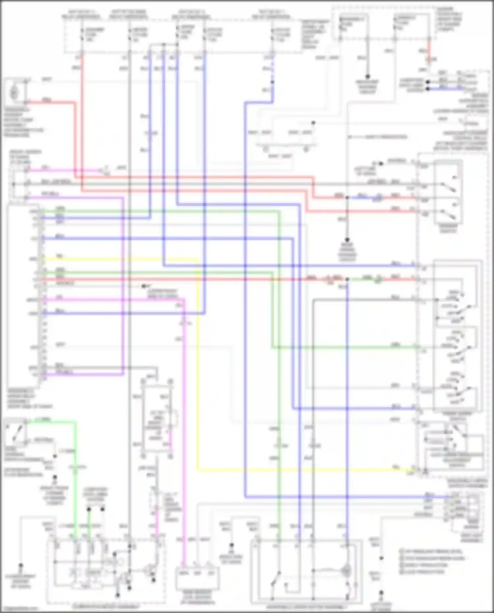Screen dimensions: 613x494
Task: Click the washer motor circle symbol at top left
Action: pos(14,93)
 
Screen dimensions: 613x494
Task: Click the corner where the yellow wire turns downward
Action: pos(198,260)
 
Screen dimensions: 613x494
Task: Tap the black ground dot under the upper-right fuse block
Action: pos(368,76)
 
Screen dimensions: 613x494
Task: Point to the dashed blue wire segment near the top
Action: pos(272,74)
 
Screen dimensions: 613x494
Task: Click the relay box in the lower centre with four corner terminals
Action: pos(157,418)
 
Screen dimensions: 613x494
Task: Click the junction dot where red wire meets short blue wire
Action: pos(347,198)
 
